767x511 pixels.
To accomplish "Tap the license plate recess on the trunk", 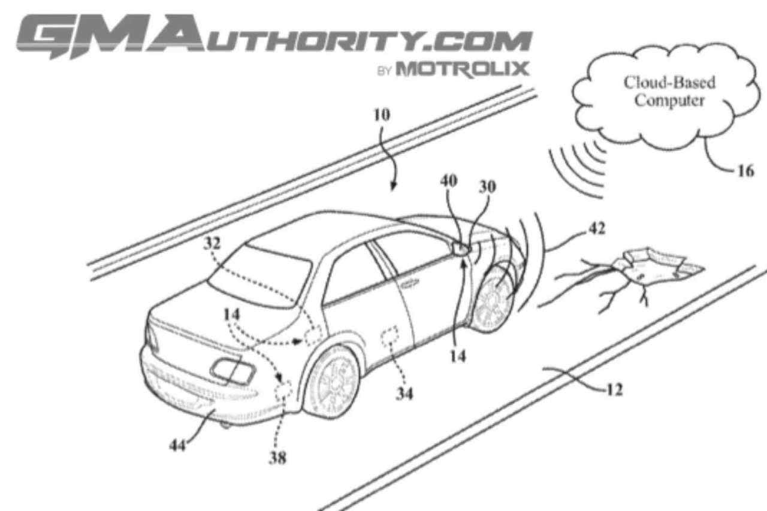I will pyautogui.click(x=233, y=372).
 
